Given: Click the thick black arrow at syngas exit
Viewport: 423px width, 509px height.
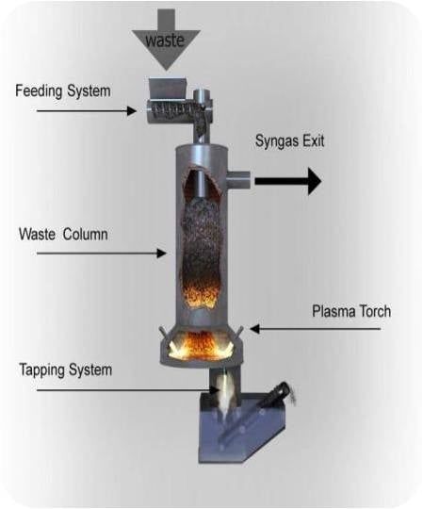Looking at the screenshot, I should coord(287,182).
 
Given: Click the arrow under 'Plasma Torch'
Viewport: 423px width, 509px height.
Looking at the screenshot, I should coord(316,329).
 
